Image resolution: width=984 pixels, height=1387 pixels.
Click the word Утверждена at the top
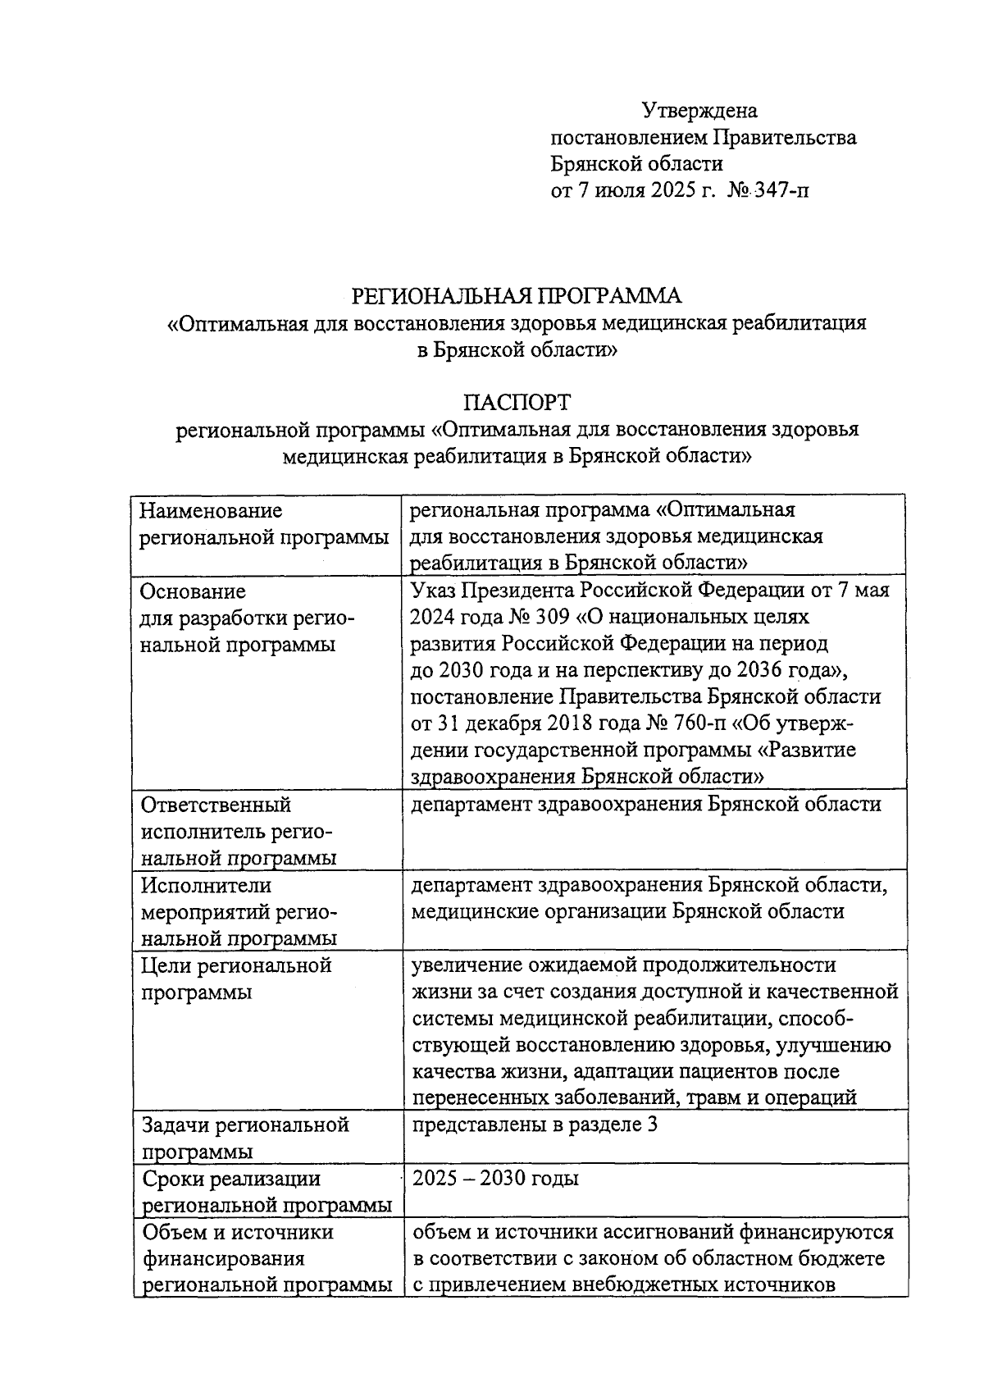coord(699,111)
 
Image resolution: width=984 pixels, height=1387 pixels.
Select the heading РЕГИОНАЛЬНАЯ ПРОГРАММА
coord(517,295)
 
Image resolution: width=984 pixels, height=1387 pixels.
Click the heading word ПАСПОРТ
coord(517,403)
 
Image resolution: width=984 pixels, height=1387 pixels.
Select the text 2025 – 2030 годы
coord(495,1179)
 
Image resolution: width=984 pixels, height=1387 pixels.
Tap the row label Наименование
coord(211,511)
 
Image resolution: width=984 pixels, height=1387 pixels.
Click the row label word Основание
coord(193,591)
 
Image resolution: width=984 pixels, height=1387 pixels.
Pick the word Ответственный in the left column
coord(216,805)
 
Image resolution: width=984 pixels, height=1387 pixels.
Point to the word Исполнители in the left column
coord(206,886)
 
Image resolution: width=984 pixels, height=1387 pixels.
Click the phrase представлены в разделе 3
coord(535,1125)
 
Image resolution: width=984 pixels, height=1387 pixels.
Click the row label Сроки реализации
coord(230,1179)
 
